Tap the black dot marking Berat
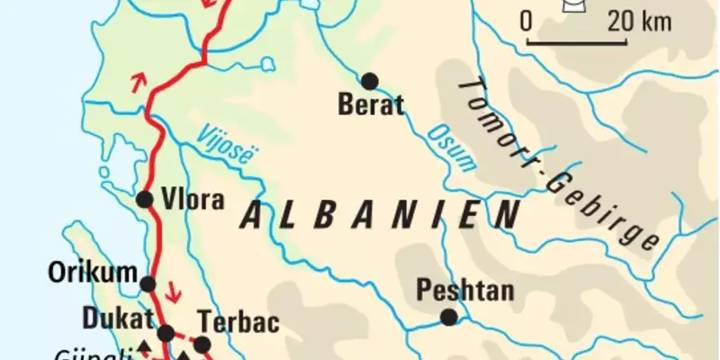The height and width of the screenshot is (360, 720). (369, 80)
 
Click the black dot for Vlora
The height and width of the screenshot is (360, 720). (145, 200)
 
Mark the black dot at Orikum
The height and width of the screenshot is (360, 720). (148, 284)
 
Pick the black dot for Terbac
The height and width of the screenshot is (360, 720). (202, 344)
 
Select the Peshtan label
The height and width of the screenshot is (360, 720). (464, 291)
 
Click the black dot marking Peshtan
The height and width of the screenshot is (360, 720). (448, 317)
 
